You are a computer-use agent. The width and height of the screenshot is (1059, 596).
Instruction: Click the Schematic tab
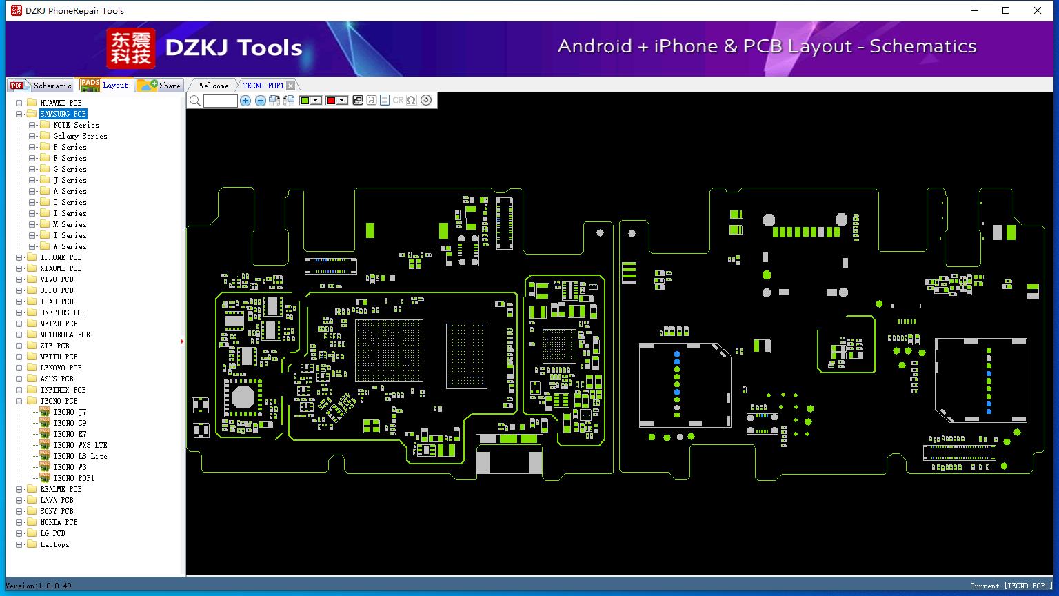[x=41, y=86]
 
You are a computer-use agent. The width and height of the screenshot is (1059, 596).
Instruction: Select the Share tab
[x=159, y=86]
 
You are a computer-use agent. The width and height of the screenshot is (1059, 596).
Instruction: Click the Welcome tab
[x=214, y=86]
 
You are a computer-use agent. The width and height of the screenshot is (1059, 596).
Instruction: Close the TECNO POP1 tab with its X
[x=291, y=86]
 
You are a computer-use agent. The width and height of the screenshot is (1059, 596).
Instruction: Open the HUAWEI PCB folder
[x=61, y=103]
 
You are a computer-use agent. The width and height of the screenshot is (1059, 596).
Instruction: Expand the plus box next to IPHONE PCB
[x=19, y=257]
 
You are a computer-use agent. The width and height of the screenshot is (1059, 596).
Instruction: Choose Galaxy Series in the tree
[x=80, y=136]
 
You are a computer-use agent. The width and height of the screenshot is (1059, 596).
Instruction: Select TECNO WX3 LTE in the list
[x=80, y=445]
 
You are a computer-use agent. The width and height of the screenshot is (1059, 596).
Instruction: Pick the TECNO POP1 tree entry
[x=73, y=478]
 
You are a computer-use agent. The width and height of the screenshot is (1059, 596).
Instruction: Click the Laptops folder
[x=54, y=544]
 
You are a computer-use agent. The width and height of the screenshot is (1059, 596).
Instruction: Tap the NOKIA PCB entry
[x=59, y=522]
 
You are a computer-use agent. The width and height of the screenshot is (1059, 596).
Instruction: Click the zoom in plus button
[x=245, y=100]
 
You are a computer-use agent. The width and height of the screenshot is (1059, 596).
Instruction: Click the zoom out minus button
[x=260, y=100]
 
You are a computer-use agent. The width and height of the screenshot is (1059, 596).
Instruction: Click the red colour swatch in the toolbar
[x=332, y=100]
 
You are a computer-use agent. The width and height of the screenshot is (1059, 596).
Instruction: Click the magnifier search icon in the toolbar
[x=195, y=100]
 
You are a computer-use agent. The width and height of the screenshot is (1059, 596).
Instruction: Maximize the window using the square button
[x=1006, y=10]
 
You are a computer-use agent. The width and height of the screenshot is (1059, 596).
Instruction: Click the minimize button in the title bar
[x=975, y=10]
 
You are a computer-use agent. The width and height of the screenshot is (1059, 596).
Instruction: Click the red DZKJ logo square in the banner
[x=130, y=48]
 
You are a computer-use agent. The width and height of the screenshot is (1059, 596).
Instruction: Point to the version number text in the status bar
[x=39, y=586]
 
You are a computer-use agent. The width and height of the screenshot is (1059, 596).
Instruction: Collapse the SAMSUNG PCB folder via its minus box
[x=19, y=114]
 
